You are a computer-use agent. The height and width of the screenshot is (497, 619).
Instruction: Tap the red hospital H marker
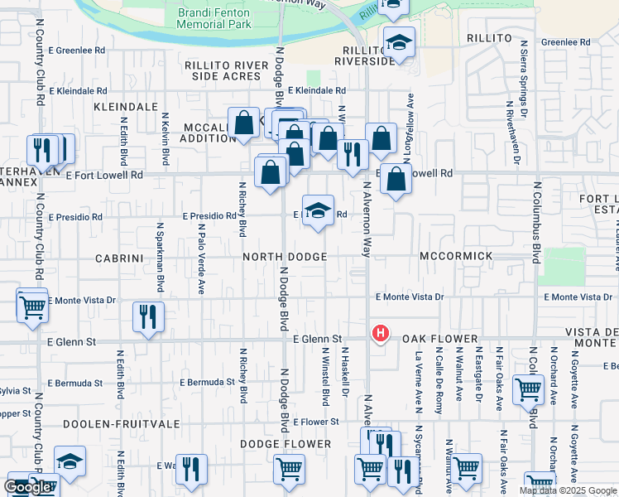coord(380,334)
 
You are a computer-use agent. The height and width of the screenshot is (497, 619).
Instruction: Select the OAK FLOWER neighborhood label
coord(441,340)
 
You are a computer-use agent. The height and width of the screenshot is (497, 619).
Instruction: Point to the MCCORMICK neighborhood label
coord(456,257)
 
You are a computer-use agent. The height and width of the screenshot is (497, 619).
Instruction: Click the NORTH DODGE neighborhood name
coord(285,257)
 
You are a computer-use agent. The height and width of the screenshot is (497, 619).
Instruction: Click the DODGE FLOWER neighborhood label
coord(286,444)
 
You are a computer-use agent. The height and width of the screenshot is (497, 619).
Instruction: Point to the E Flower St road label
coord(316,422)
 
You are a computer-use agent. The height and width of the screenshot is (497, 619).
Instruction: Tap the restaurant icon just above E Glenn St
coord(148,316)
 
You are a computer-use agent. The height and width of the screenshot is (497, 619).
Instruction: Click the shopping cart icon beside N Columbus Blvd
coord(527,389)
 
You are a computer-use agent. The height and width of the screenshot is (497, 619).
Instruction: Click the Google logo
coord(28,487)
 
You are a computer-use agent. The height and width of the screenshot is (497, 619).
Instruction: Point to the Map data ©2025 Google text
coord(568,490)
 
